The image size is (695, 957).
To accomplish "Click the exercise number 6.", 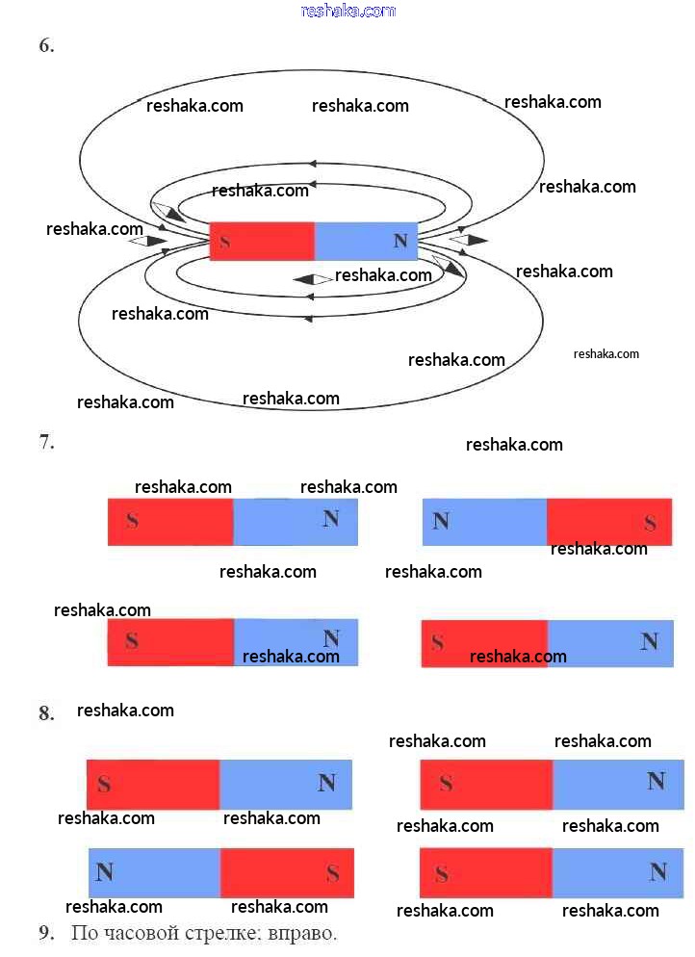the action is click(46, 45).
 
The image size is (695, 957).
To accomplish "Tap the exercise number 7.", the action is click(46, 441).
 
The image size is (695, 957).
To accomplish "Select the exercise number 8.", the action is click(46, 712).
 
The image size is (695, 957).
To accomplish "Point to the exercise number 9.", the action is click(46, 933).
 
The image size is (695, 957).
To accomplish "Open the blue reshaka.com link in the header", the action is click(348, 11).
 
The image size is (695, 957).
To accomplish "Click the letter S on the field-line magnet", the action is click(224, 242).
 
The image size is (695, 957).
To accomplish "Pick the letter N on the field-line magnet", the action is click(400, 241).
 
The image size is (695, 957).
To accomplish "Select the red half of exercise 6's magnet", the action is click(263, 242).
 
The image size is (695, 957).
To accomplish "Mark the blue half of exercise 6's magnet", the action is click(366, 242).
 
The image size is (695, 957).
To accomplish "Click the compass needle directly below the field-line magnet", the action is click(314, 279).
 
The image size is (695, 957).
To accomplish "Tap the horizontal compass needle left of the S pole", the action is click(148, 241).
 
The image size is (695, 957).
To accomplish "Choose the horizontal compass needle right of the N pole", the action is click(469, 240).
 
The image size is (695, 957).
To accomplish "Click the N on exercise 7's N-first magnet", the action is click(441, 521).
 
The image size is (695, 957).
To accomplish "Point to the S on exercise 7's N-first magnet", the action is click(650, 523).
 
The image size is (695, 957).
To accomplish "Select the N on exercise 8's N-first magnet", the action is click(104, 871).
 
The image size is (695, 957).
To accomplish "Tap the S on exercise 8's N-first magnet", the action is click(332, 873).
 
